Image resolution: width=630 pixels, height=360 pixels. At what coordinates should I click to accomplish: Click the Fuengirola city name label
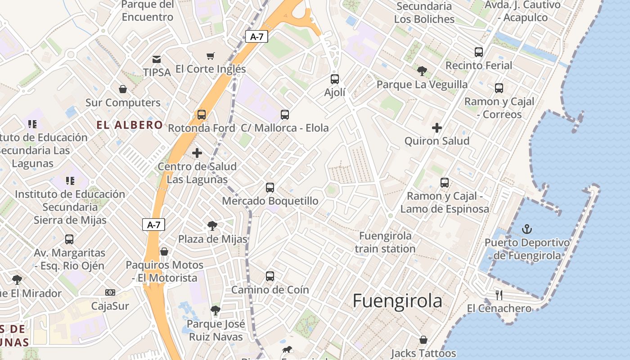point(397,301)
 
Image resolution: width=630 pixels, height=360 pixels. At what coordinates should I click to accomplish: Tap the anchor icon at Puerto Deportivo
point(526,229)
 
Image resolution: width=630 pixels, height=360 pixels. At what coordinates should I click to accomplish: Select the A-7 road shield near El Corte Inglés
point(256,37)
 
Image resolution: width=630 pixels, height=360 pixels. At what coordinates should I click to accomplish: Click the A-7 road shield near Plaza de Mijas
point(154,225)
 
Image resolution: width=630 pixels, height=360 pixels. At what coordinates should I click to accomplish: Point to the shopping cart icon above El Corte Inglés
point(210,56)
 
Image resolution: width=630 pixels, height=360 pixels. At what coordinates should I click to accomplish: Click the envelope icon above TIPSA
point(157,59)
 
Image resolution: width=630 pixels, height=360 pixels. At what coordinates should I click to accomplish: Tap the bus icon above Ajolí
point(335,79)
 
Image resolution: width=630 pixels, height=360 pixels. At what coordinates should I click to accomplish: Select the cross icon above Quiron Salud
point(436,128)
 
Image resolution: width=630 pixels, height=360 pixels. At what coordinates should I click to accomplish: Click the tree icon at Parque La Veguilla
point(422,71)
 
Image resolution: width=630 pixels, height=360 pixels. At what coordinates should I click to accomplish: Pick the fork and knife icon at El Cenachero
point(499,295)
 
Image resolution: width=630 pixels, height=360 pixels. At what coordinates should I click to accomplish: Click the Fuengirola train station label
point(385,242)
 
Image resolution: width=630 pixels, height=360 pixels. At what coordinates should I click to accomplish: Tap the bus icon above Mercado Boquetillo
point(270,188)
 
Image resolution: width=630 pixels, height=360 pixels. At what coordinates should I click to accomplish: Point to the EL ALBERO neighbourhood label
point(130,125)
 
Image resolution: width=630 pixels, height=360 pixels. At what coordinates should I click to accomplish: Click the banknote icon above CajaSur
point(110,292)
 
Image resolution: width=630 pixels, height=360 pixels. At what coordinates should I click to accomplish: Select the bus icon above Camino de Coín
point(270,276)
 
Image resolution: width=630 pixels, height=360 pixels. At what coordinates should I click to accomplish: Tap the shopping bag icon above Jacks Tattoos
point(423,340)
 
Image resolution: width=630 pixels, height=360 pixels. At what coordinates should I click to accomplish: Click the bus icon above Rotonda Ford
point(202,115)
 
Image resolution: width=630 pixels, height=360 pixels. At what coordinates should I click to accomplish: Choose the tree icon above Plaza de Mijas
point(212,226)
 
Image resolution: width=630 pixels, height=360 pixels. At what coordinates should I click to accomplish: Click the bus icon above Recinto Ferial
point(479,52)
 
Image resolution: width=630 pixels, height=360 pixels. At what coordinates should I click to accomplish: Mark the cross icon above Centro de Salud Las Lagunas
point(197,153)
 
